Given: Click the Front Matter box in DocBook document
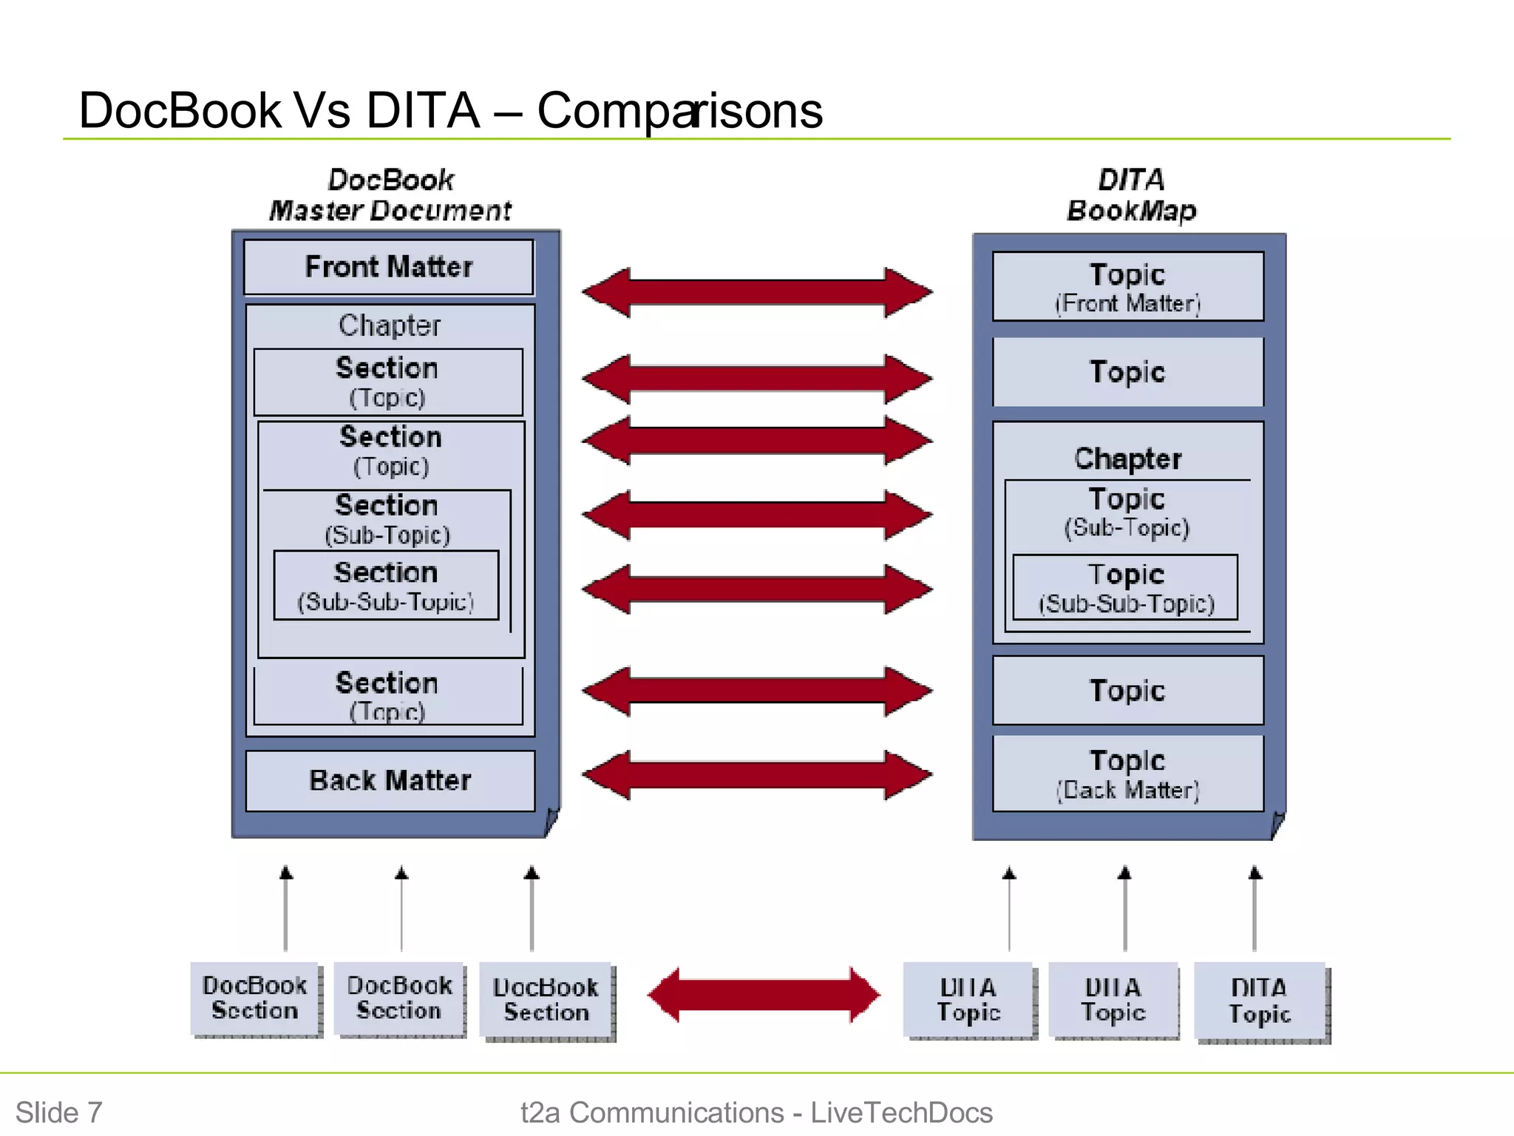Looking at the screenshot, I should (389, 267).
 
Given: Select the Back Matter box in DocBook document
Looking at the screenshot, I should (390, 781).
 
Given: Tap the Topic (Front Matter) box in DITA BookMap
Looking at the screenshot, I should (1127, 287).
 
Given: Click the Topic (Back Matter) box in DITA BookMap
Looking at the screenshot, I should (1127, 774).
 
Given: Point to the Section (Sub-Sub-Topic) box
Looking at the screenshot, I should (386, 585).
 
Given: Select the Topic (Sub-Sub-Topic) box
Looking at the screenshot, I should (1125, 587).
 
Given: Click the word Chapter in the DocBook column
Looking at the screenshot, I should (390, 325).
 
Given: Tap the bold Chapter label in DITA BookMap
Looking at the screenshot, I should (1127, 459).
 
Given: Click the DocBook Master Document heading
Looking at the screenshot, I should (390, 195).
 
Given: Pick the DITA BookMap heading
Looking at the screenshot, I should (1131, 195).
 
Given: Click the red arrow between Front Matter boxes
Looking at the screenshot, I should (757, 293).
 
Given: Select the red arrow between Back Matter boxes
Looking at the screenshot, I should (757, 775).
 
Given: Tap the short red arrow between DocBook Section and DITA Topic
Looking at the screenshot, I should (763, 995).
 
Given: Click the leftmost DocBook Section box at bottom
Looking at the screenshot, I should (255, 998).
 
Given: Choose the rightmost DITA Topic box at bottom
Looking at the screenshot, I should (1260, 1000).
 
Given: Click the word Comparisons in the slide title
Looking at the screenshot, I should (679, 111).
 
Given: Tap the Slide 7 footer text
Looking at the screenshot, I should (59, 1112).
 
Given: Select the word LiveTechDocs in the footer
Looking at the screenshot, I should (901, 1112).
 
